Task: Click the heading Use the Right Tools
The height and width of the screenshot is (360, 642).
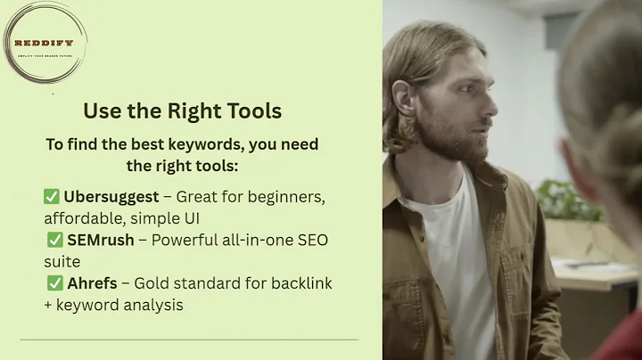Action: coord(182,111)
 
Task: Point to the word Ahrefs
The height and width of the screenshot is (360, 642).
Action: coord(91,284)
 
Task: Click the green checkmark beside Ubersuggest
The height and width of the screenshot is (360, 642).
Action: coord(51,195)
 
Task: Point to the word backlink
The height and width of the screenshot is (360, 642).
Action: coord(299,284)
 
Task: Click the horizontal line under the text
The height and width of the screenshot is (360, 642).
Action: coord(188,340)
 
